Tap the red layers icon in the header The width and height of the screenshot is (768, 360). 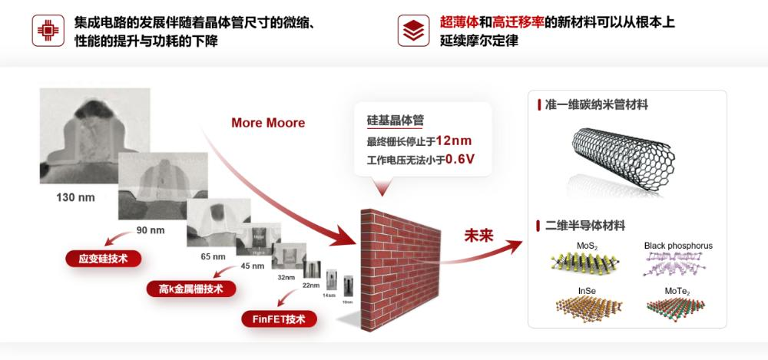coord(413,31)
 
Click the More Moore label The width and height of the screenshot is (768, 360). coord(268,123)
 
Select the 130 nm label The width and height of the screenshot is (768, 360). coord(75,197)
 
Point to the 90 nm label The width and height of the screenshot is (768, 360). coord(151,230)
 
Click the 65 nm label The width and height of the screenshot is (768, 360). coord(213,256)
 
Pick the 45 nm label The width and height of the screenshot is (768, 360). coord(252,266)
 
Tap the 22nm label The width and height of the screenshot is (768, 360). coord(310,286)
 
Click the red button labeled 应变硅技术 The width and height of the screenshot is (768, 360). coord(102,259)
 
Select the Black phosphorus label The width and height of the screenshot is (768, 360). coord(678,246)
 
